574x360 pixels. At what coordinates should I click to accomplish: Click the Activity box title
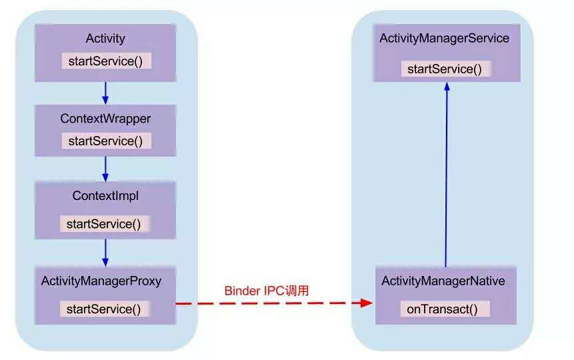tap(105, 39)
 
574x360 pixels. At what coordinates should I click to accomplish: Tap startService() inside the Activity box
tap(105, 61)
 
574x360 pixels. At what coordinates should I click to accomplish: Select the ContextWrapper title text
tap(105, 119)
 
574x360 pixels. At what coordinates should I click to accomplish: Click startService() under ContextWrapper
tap(105, 141)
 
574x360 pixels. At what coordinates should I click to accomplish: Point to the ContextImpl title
tap(105, 196)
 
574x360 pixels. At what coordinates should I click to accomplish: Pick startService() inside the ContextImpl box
tap(103, 224)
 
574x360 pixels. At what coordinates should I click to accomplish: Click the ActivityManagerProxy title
tap(101, 281)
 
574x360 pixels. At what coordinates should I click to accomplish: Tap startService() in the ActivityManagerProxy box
tap(103, 309)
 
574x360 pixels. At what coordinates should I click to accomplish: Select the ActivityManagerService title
tap(445, 38)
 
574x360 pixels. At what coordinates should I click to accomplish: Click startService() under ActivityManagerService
tap(445, 69)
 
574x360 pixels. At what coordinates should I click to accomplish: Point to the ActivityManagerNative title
tap(443, 281)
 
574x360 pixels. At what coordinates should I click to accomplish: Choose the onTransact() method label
tap(442, 309)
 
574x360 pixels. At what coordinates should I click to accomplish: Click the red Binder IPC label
tap(267, 291)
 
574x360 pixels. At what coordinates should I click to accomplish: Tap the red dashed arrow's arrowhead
tap(366, 303)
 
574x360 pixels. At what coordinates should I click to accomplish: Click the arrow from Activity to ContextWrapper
tap(105, 93)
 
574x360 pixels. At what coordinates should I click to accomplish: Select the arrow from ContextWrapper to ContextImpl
tap(105, 169)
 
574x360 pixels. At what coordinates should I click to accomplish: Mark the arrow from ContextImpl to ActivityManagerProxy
tap(105, 253)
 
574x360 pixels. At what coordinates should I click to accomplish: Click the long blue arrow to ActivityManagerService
tap(446, 174)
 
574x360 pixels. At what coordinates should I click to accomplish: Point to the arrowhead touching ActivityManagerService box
tap(447, 87)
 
